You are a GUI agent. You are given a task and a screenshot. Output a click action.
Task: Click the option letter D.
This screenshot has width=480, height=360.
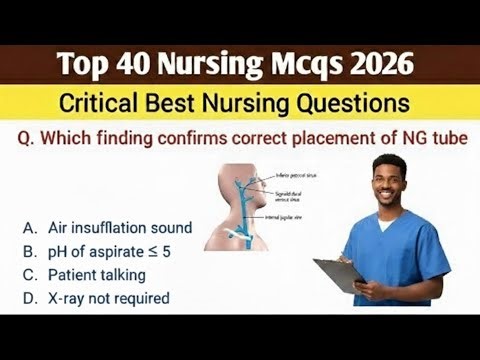coord(30,297)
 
